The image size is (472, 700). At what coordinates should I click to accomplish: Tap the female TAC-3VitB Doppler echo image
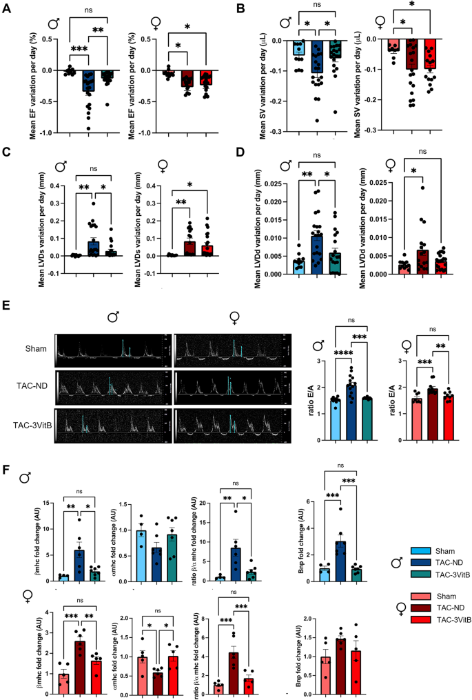pos(238,420)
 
